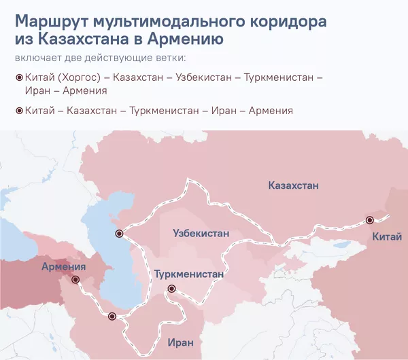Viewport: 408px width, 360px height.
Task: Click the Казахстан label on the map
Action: point(293,185)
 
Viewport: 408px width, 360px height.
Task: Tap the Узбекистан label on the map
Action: point(201,233)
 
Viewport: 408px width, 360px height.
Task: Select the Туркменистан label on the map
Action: point(188,274)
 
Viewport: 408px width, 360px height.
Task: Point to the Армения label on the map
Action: point(63,266)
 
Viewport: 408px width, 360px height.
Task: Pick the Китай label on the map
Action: point(387,236)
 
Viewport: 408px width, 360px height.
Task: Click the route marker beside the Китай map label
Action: point(369,220)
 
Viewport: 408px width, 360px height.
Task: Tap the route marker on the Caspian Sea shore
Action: point(119,234)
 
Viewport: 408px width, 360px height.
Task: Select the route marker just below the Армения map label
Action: point(75,279)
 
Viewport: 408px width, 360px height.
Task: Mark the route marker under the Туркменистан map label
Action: point(171,289)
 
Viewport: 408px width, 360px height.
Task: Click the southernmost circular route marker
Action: point(112,316)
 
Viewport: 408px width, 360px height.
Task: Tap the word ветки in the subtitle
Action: point(169,57)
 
